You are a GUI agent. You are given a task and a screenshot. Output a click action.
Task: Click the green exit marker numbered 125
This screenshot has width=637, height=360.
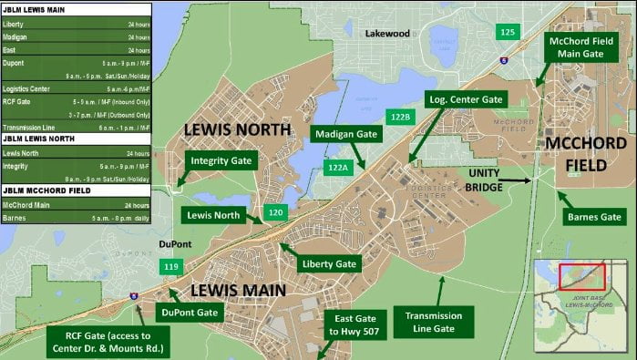click(x=508, y=32)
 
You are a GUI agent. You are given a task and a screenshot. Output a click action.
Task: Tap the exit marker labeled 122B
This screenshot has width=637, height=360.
click(x=400, y=117)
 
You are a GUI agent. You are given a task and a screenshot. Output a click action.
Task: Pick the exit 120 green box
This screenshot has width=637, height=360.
click(x=277, y=211)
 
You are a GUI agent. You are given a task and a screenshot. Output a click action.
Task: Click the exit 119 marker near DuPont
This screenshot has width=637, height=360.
click(x=170, y=267)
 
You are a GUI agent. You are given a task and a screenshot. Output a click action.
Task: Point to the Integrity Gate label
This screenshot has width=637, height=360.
click(x=222, y=160)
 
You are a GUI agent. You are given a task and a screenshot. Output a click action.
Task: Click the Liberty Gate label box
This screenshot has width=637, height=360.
click(x=327, y=264)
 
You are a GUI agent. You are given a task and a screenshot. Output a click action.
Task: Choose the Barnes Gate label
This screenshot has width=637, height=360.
click(x=592, y=217)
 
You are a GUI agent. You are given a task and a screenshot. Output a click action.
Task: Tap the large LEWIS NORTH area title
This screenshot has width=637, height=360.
click(x=237, y=130)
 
